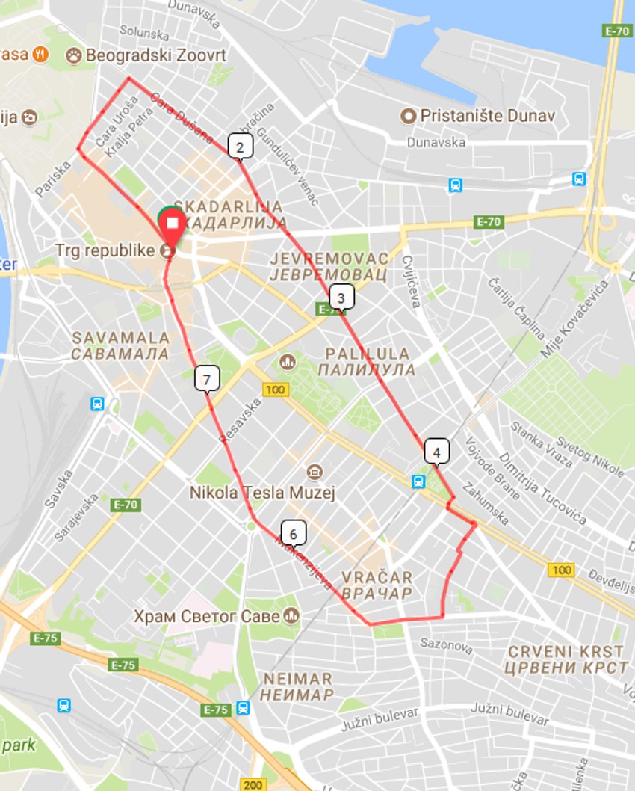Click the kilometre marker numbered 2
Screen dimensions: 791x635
point(240,147)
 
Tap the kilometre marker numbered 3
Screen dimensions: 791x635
point(341,298)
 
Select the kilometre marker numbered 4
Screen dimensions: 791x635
point(436,452)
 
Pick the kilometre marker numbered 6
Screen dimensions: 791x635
point(294,533)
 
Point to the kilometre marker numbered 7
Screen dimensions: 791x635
point(206,378)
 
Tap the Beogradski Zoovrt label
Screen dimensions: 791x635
point(156,55)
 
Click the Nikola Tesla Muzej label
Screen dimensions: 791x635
point(261,493)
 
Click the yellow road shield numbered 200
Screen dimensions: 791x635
point(253,784)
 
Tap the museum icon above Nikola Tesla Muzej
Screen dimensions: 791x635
point(314,473)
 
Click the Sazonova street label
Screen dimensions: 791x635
point(443,642)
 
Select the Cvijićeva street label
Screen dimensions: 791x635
point(412,281)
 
